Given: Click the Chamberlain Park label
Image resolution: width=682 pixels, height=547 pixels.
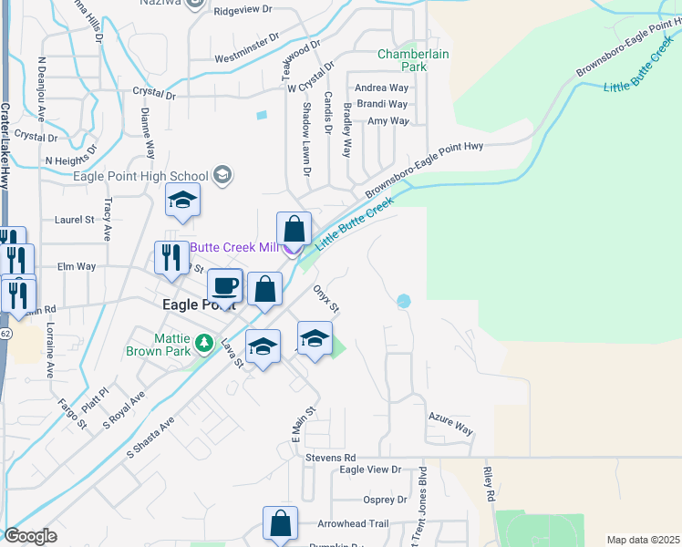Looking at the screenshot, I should coord(414,60).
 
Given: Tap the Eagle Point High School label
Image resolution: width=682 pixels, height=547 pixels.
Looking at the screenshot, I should coord(139,176).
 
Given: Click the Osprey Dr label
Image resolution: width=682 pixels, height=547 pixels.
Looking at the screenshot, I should coord(384,500).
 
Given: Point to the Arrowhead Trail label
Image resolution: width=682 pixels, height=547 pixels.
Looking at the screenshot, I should coord(353,524).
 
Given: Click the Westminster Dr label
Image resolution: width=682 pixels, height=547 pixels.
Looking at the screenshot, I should coord(246,58).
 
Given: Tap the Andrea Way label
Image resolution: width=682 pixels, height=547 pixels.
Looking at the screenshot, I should coord(381,88).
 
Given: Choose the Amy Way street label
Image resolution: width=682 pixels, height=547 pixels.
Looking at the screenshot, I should coord(387,120).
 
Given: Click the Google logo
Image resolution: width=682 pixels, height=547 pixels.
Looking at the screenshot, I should coord(30,536).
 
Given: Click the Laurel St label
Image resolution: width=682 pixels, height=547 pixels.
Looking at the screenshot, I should coord(75,220).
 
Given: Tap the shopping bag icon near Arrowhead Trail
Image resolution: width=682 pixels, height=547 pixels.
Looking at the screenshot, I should coord(280,523).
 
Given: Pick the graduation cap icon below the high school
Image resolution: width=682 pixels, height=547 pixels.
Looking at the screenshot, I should coord(182,201).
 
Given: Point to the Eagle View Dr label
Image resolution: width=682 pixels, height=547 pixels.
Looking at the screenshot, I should coord(370,470).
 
